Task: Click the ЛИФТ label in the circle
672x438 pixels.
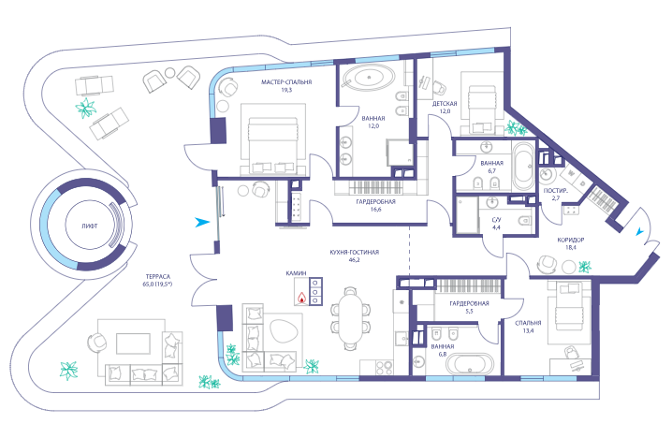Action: pyautogui.click(x=90, y=226)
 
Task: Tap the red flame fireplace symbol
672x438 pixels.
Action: pyautogui.click(x=302, y=298)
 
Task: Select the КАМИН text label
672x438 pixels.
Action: pyautogui.click(x=297, y=273)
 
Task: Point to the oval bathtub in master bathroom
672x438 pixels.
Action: pyautogui.click(x=370, y=78)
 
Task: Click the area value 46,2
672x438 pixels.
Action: pyautogui.click(x=354, y=260)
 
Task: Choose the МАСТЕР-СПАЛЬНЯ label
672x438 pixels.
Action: pyautogui.click(x=286, y=81)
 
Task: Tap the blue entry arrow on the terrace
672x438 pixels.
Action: pyautogui.click(x=202, y=222)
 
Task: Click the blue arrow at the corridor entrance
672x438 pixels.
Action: pyautogui.click(x=639, y=232)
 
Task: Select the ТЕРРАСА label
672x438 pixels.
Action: pyautogui.click(x=158, y=277)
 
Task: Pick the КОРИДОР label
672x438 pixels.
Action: pyautogui.click(x=570, y=240)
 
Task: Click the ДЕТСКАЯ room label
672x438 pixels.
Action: pyautogui.click(x=445, y=104)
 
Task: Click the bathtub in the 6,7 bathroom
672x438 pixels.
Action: pyautogui.click(x=523, y=167)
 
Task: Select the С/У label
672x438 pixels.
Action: pyautogui.click(x=496, y=220)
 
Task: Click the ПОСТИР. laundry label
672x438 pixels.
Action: pyautogui.click(x=556, y=191)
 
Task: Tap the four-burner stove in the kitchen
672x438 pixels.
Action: pyautogui.click(x=384, y=368)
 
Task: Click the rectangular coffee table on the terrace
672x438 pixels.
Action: pyautogui.click(x=133, y=343)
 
